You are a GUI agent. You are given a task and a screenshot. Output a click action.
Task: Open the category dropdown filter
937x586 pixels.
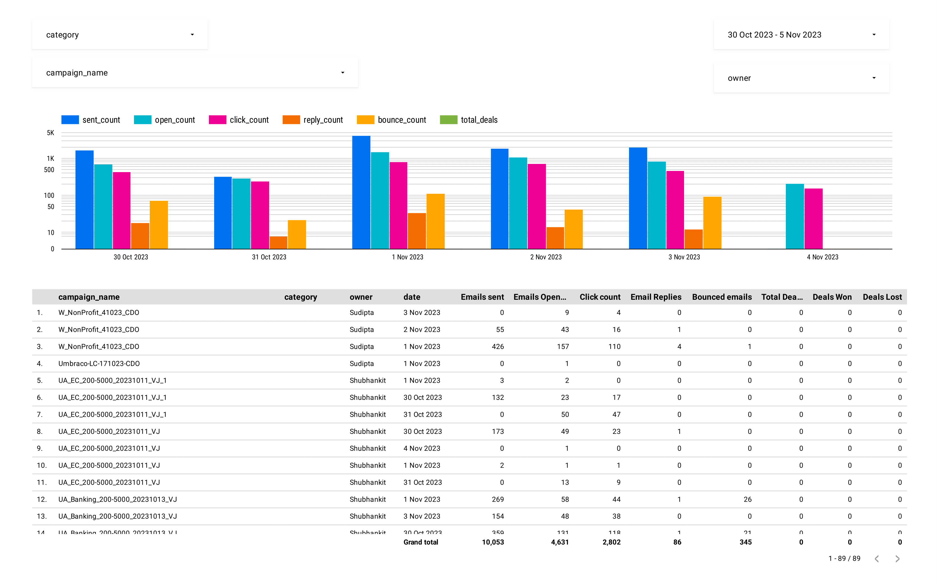pyautogui.click(x=119, y=35)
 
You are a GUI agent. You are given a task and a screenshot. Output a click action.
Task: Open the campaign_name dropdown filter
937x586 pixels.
pyautogui.click(x=195, y=73)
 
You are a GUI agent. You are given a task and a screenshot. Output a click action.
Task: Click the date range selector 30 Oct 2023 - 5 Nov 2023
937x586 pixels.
pyautogui.click(x=801, y=35)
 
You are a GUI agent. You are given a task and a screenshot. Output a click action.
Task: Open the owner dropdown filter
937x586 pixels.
pyautogui.click(x=801, y=78)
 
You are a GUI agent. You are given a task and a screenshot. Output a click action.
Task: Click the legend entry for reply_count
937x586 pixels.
pyautogui.click(x=313, y=120)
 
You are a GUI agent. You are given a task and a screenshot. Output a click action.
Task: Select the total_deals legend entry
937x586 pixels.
pyautogui.click(x=469, y=120)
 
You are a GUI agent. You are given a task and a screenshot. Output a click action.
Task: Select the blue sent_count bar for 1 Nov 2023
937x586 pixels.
pyautogui.click(x=361, y=193)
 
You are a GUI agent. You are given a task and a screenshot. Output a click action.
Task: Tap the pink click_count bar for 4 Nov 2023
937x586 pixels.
pyautogui.click(x=813, y=218)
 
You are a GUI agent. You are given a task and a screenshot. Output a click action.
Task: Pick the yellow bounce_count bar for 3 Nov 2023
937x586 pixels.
pyautogui.click(x=712, y=223)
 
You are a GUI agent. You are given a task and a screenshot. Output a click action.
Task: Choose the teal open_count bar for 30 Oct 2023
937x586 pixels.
pyautogui.click(x=103, y=207)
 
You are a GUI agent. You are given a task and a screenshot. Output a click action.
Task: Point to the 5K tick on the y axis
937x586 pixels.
pyautogui.click(x=50, y=133)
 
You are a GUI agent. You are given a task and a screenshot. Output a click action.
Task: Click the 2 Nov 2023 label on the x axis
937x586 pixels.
pyautogui.click(x=546, y=257)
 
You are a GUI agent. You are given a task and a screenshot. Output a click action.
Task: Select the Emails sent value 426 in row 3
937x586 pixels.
pyautogui.click(x=497, y=346)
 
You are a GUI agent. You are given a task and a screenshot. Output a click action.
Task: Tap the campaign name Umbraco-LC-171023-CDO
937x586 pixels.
pyautogui.click(x=99, y=364)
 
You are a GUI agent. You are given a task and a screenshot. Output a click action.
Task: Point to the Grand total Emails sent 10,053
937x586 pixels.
pyautogui.click(x=492, y=542)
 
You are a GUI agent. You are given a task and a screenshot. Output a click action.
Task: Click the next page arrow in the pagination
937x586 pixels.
pyautogui.click(x=897, y=558)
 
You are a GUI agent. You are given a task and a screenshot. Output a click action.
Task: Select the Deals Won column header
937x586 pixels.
pyautogui.click(x=832, y=297)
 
